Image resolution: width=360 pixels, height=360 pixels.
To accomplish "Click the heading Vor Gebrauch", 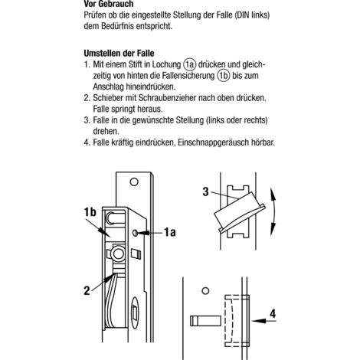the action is pyautogui.click(x=109, y=4).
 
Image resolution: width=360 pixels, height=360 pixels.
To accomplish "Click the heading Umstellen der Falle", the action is pyautogui.click(x=119, y=54).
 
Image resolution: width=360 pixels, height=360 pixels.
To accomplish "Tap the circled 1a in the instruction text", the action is pyautogui.click(x=189, y=64).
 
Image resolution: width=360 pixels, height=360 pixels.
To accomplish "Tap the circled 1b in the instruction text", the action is pyautogui.click(x=224, y=76).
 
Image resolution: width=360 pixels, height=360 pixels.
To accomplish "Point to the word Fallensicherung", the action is pyautogui.click(x=188, y=76).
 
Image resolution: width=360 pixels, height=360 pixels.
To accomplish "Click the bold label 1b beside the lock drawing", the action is pyautogui.click(x=90, y=212).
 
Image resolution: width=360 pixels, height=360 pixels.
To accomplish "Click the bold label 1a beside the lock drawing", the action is pyautogui.click(x=170, y=232).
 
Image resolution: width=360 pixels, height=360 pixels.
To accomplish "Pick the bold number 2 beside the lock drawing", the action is pyautogui.click(x=87, y=290).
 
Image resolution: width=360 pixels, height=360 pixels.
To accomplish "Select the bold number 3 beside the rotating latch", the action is pyautogui.click(x=205, y=191).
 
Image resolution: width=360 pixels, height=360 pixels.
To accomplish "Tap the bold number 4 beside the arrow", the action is pyautogui.click(x=273, y=314).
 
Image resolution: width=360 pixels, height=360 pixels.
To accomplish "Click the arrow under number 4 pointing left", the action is pyautogui.click(x=263, y=321).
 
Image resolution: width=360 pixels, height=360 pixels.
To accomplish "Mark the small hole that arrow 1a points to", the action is pyautogui.click(x=135, y=233).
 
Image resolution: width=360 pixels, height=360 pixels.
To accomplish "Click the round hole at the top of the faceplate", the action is pyautogui.click(x=134, y=182).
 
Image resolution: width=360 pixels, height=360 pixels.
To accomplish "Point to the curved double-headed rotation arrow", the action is pyautogui.click(x=275, y=212).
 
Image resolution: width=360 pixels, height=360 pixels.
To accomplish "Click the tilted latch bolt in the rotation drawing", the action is pyautogui.click(x=240, y=211).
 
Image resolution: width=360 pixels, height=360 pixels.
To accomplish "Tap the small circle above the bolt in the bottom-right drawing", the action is pyautogui.click(x=205, y=291).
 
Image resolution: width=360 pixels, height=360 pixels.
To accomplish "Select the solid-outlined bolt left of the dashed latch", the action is pyautogui.click(x=205, y=321).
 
